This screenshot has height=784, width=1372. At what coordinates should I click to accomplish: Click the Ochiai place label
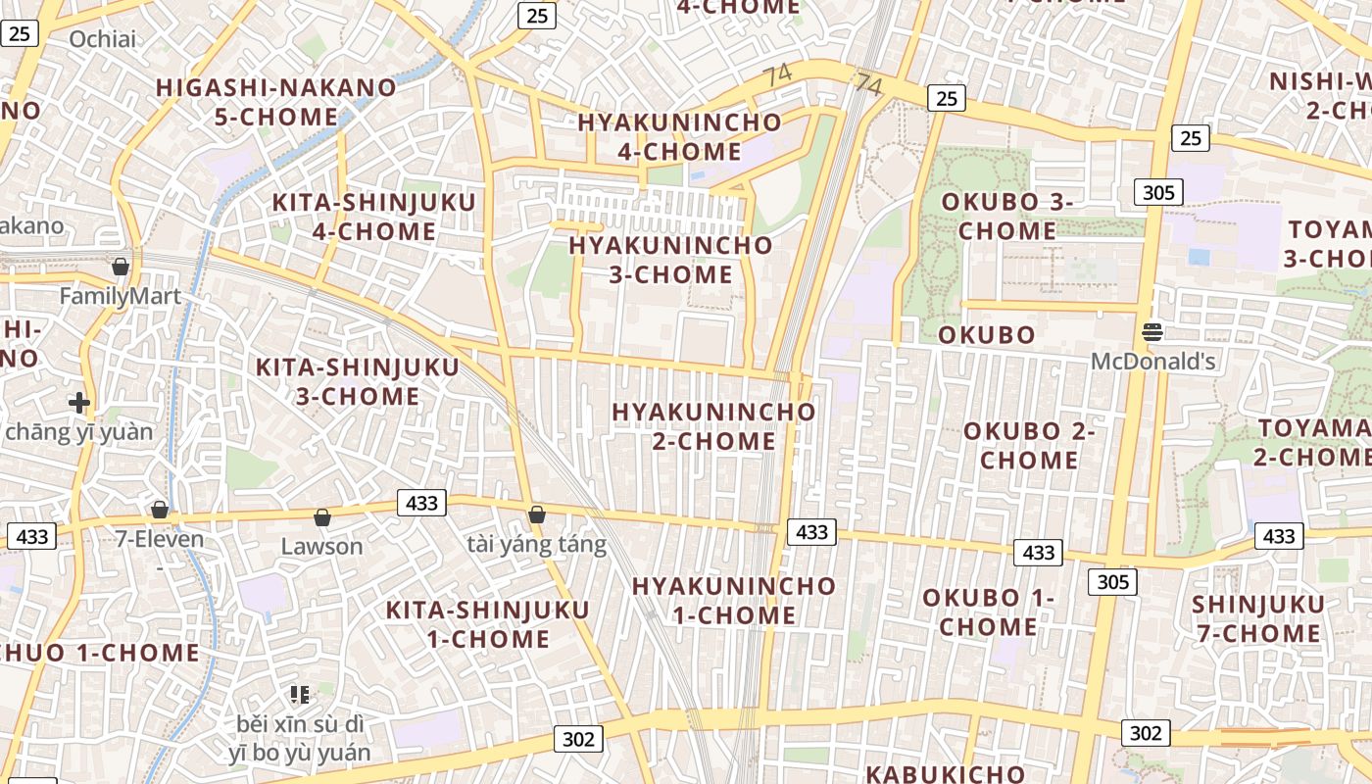coord(103,39)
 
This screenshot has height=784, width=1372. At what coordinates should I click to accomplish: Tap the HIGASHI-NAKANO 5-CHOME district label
coord(276,102)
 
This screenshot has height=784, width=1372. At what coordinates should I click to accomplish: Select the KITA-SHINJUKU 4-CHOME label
coord(373,217)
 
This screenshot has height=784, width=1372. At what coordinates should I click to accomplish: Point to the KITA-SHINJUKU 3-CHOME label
coord(358,381)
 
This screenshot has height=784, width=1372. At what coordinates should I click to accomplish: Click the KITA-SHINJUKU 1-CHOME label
coord(488,624)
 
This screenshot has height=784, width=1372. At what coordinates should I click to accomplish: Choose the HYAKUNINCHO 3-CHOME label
coord(671,259)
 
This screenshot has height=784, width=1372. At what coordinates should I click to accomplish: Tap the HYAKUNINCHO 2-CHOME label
coord(714,426)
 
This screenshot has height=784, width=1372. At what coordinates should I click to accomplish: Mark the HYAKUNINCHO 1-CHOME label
coord(734,601)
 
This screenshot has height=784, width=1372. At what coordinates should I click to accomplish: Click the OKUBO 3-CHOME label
coord(1007,216)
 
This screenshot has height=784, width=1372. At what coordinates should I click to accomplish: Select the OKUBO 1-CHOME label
coord(989,612)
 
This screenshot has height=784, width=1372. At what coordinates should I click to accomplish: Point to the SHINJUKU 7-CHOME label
coord(1258,618)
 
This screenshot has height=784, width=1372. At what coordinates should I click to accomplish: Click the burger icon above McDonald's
coord(1152,332)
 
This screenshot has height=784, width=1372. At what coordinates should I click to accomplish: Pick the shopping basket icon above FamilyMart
coord(121,266)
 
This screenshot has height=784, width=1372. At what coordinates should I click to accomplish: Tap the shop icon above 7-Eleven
coord(160,510)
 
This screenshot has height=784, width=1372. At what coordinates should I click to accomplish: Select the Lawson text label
coord(321,546)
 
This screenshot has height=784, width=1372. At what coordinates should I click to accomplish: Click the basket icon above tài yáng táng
coord(536,514)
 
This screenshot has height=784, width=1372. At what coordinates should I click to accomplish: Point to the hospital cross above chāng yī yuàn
coord(79,402)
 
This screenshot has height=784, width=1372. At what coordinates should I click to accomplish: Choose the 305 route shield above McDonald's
coord(1158,192)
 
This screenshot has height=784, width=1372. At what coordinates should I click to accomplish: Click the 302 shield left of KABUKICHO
coord(578,738)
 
